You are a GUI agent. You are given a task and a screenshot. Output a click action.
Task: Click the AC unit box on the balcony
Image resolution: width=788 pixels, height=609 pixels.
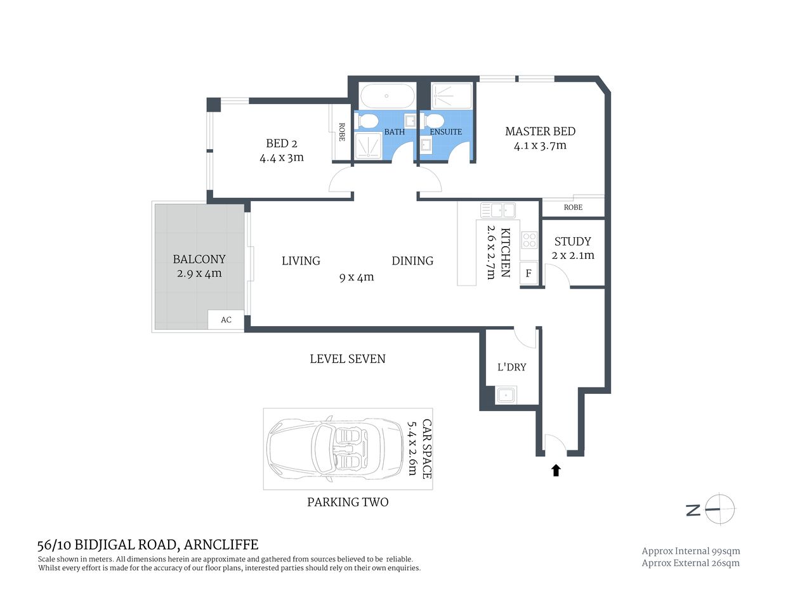tap(226, 320)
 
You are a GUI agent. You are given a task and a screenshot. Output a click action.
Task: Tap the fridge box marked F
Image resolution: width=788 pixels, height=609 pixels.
tap(528, 274)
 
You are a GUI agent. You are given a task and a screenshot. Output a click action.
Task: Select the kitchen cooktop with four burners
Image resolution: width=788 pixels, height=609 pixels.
tap(529, 240)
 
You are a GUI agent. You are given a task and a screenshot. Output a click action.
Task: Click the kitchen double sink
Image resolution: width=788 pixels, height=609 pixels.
tap(498, 210)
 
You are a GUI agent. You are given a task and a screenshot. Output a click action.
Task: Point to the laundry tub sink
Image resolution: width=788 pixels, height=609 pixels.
tap(506, 395)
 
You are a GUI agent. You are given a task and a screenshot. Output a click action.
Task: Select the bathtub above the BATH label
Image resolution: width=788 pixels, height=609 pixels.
tap(386, 97)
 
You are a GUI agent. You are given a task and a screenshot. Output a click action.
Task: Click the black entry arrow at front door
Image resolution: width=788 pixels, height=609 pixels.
tap(556, 470)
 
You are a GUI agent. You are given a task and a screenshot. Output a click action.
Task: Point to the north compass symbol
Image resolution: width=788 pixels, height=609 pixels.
tap(719, 509)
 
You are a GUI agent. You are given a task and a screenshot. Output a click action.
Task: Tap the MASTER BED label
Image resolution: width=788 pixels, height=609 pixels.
tap(540, 132)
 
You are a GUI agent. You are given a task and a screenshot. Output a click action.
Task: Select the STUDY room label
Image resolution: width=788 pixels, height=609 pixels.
tap(572, 242)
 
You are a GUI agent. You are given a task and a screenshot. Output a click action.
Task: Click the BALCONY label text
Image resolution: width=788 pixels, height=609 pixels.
tap(199, 259)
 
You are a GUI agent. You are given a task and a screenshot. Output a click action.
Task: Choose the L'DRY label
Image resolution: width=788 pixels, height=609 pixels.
tap(511, 367)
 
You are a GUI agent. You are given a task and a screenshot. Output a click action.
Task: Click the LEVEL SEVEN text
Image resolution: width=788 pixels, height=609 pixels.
tap(347, 359)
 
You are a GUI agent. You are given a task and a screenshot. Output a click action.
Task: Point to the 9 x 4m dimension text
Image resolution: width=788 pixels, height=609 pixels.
tap(357, 277)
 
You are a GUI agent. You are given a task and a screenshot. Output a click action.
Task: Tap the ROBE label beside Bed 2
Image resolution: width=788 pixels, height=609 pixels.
tap(341, 132)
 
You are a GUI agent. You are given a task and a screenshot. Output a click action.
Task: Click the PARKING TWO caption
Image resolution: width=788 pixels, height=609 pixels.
tap(348, 502)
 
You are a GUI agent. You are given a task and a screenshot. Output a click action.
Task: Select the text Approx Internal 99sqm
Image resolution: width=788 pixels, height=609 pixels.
tap(690, 551)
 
